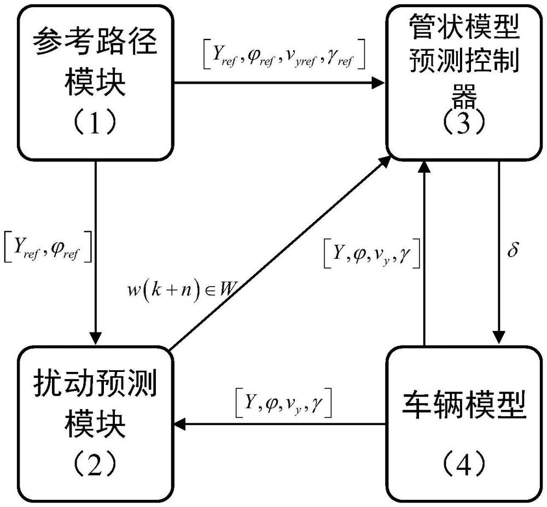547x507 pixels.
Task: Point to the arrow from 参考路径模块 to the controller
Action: tap(279, 84)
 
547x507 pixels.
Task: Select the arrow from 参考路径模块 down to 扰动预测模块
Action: tap(96, 252)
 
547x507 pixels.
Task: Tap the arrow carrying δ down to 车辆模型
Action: tap(498, 252)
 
